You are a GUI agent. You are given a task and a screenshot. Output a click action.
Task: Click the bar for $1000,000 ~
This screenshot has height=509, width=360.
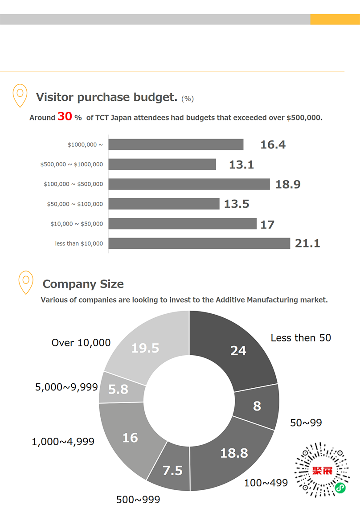[176, 144]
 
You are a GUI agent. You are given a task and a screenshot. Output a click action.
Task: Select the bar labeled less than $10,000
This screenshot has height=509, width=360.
[199, 243]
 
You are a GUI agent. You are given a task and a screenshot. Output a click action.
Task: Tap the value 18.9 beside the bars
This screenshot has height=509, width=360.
[288, 184]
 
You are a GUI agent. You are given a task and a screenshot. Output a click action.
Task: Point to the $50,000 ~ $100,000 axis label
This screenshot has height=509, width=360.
[75, 204]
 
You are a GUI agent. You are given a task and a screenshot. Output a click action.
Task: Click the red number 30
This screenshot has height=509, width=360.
[65, 117]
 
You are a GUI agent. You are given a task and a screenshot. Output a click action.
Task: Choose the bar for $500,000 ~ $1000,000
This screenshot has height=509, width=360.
[162, 164]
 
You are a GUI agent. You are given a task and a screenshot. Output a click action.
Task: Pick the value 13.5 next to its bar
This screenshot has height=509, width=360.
[237, 204]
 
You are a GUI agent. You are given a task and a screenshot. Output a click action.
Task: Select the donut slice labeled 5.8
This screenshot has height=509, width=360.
[118, 389]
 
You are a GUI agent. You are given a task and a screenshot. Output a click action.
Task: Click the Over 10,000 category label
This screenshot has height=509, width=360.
[81, 343]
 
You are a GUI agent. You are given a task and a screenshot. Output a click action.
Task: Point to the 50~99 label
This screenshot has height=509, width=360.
[306, 423]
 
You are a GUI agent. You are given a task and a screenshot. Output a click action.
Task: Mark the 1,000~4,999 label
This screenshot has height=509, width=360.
[63, 442]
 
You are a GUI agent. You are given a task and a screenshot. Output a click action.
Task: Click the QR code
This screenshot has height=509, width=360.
[322, 470]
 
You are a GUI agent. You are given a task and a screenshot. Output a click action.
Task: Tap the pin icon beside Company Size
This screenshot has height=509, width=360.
[26, 282]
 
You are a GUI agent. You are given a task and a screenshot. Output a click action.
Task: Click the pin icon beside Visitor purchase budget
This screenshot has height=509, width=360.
[20, 95]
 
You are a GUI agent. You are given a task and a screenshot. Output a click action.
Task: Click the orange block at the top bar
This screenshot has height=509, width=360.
[335, 19]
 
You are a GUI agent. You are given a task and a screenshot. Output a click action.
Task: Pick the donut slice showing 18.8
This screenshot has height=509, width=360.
[234, 453]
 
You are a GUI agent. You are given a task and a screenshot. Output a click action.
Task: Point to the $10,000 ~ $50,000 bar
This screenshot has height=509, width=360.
[182, 224]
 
